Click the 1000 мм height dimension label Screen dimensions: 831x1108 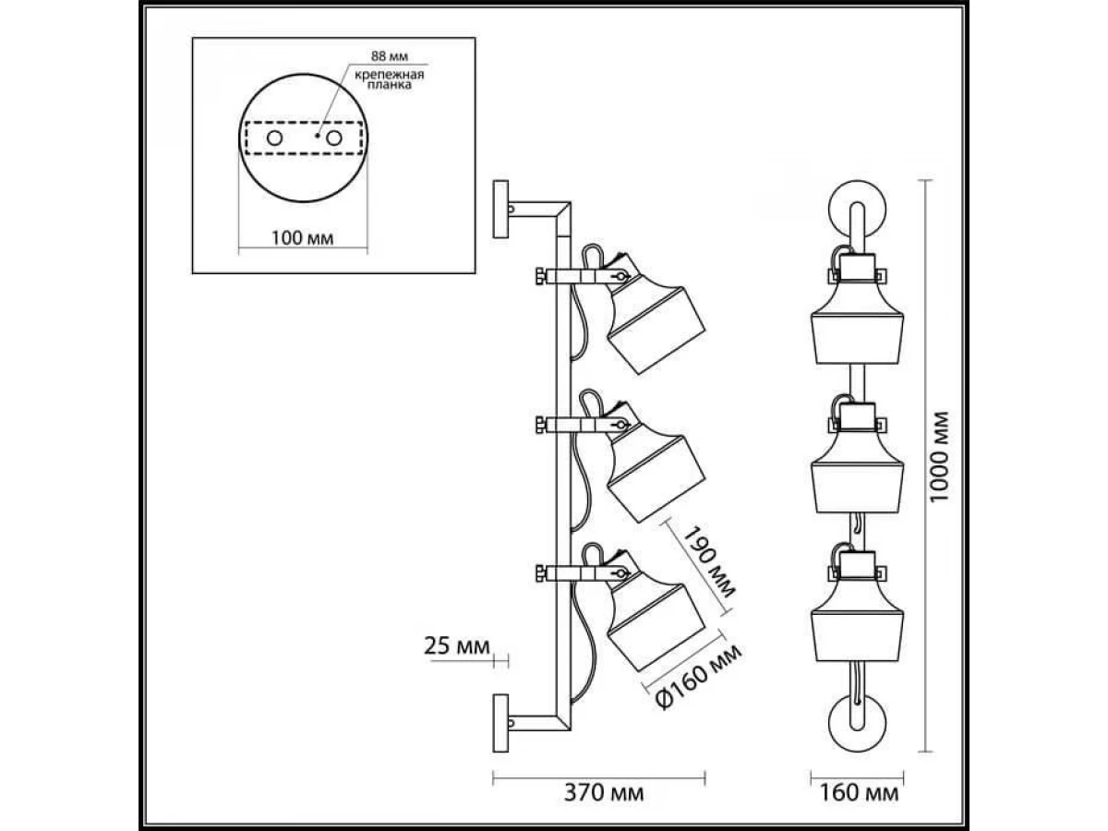tap(940, 456)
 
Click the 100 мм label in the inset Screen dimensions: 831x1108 tap(304, 238)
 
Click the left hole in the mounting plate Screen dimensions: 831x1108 tap(275, 138)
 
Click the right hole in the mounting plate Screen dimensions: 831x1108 tap(333, 138)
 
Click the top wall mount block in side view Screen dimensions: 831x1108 tap(501, 211)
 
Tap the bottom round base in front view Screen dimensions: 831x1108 tap(856, 725)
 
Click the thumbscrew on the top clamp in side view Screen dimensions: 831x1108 tap(537, 275)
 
